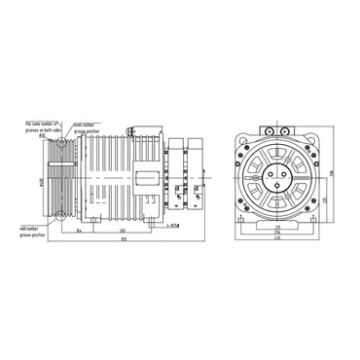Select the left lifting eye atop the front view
click(267, 127)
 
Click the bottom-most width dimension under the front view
click(279, 239)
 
